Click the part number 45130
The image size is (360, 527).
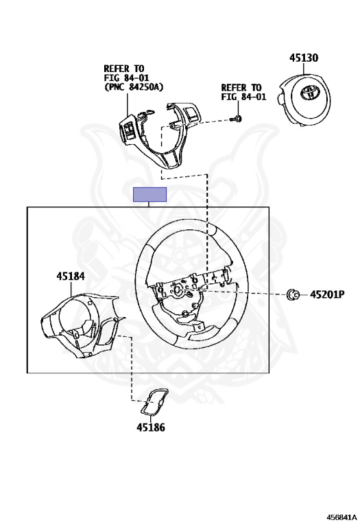[304, 58]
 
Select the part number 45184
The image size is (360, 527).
[71, 277]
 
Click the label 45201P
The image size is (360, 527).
[327, 294]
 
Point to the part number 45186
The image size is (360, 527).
[151, 428]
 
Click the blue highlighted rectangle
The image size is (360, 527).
[149, 195]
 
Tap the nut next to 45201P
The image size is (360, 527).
[292, 294]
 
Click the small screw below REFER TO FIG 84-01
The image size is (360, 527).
[237, 118]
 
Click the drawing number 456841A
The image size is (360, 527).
[342, 516]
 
